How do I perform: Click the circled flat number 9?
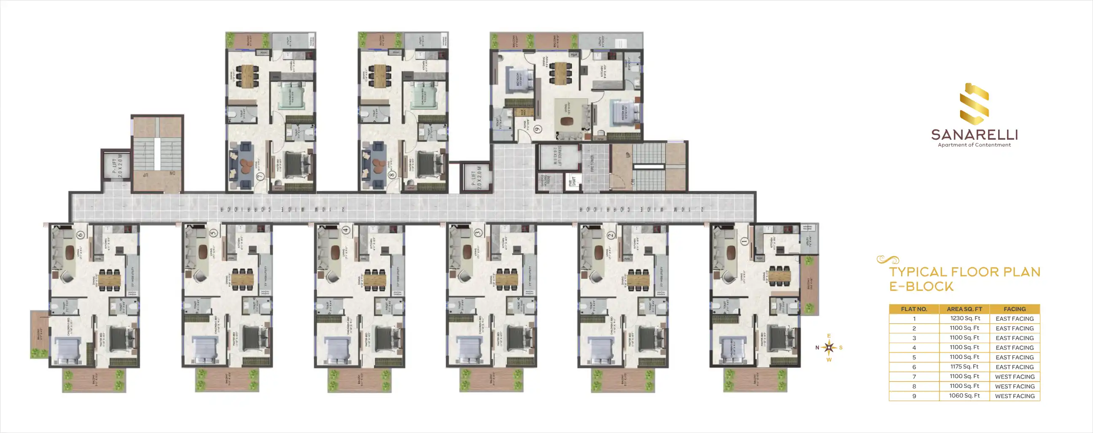pos(538,129)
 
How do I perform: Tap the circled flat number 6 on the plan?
pos(81,234)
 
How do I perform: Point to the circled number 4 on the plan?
pos(346,230)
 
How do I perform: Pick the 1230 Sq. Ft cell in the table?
pos(965,318)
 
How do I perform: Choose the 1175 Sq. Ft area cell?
pos(964,367)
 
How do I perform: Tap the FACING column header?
pos(1015,309)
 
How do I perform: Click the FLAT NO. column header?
pos(914,309)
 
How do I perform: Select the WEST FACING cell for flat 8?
pos(1015,386)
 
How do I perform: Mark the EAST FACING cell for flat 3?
pos(1015,338)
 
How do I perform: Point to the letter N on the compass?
pos(817,348)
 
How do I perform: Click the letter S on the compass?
pos(840,348)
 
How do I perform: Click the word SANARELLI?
pos(974,135)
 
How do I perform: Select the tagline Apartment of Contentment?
pos(974,145)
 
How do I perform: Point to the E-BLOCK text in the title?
pos(921,287)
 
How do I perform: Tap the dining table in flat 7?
pos(248,76)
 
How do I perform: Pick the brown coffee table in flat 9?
pos(566,122)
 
